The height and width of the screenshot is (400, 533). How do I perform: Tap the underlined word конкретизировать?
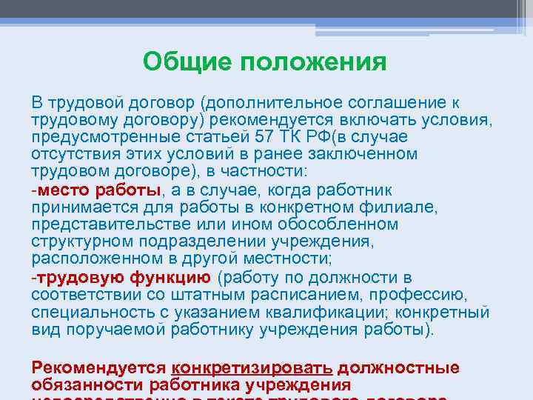coord(252,368)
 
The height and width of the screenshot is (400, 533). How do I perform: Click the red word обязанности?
coord(87,384)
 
